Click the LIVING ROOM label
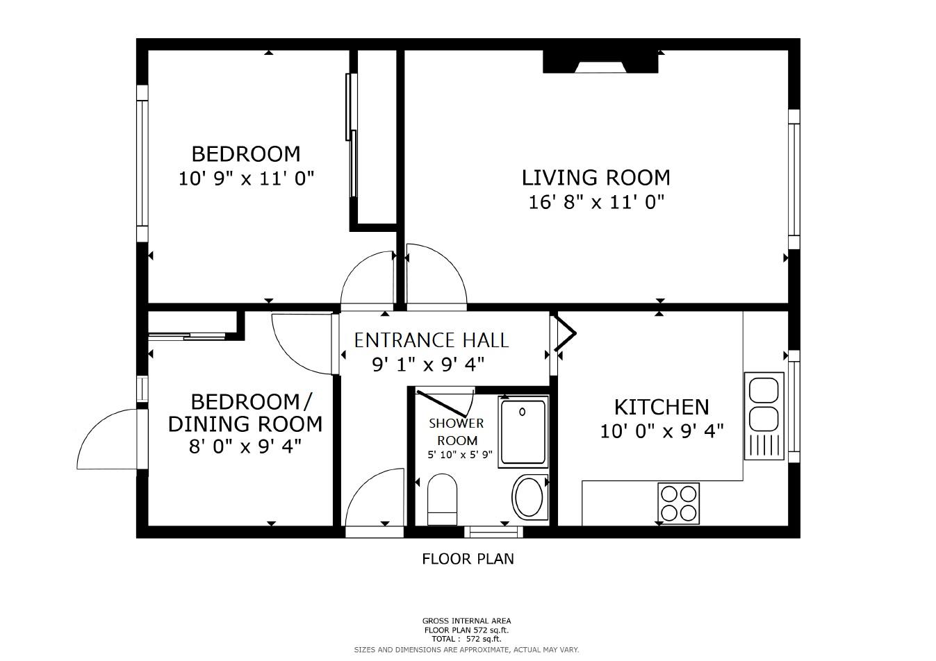coord(596,178)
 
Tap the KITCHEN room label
coord(662,407)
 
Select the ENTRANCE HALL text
coord(432,340)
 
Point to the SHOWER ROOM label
coord(457,432)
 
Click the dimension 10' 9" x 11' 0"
coord(246,179)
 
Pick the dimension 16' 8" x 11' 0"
coord(596,203)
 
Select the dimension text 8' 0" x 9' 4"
coord(245,447)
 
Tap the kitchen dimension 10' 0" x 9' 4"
coord(662,431)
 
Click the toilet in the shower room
coord(442,499)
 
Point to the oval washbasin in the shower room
coord(529,497)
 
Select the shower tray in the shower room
coord(523,432)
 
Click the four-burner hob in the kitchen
coord(679,504)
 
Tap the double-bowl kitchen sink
coord(764,416)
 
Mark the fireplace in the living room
coord(600,61)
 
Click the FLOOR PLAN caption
coord(468,559)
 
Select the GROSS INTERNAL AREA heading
coord(466,621)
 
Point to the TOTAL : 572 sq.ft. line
coord(466,639)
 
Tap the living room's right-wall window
coord(794,180)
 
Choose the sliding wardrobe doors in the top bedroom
coord(352,135)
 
